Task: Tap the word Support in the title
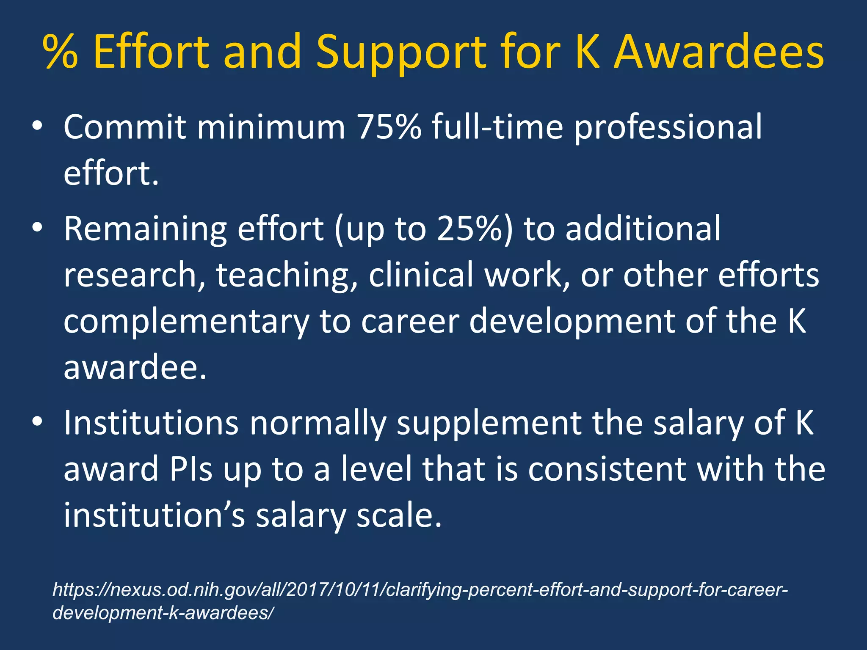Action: click(401, 53)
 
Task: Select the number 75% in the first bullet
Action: click(389, 127)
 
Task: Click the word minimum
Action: click(271, 127)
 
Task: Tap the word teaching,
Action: click(287, 275)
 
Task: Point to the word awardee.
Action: click(135, 367)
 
